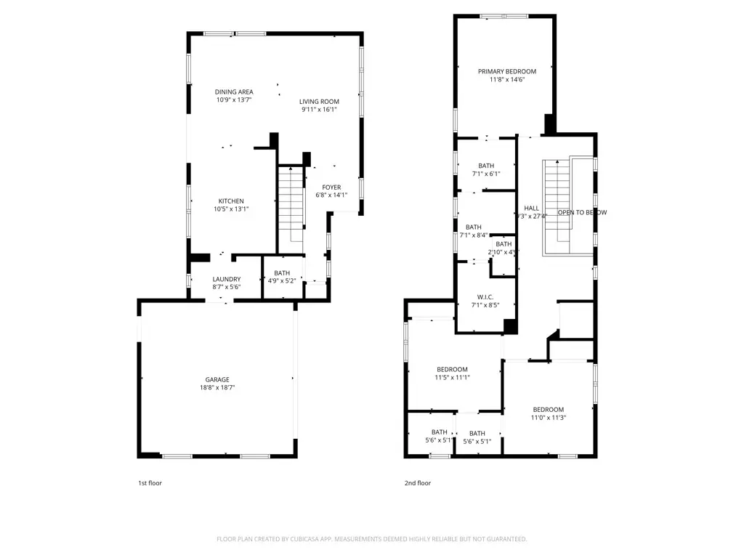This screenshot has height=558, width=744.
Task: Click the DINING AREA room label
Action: click(x=234, y=92)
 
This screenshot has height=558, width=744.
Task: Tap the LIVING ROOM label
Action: click(x=320, y=102)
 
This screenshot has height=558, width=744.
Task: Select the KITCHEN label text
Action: click(x=231, y=201)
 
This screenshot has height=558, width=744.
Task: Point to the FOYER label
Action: click(x=331, y=187)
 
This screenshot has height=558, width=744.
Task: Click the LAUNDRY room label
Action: click(x=226, y=279)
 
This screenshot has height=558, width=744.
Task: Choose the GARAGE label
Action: click(x=217, y=379)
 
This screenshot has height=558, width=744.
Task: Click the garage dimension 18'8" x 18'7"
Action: click(x=217, y=388)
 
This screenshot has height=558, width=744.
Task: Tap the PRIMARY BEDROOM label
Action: click(x=506, y=71)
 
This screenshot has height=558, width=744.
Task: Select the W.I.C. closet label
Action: click(x=486, y=296)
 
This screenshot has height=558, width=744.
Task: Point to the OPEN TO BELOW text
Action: click(x=581, y=213)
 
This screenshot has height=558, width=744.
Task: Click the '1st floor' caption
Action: click(x=150, y=483)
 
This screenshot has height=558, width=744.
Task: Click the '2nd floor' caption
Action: click(x=418, y=483)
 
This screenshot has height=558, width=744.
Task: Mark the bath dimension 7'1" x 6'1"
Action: click(x=486, y=174)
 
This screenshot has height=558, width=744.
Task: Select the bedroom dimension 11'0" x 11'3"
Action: click(x=548, y=418)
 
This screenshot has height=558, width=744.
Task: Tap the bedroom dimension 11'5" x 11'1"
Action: click(x=452, y=377)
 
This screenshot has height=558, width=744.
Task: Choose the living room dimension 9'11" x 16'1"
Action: click(x=320, y=110)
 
